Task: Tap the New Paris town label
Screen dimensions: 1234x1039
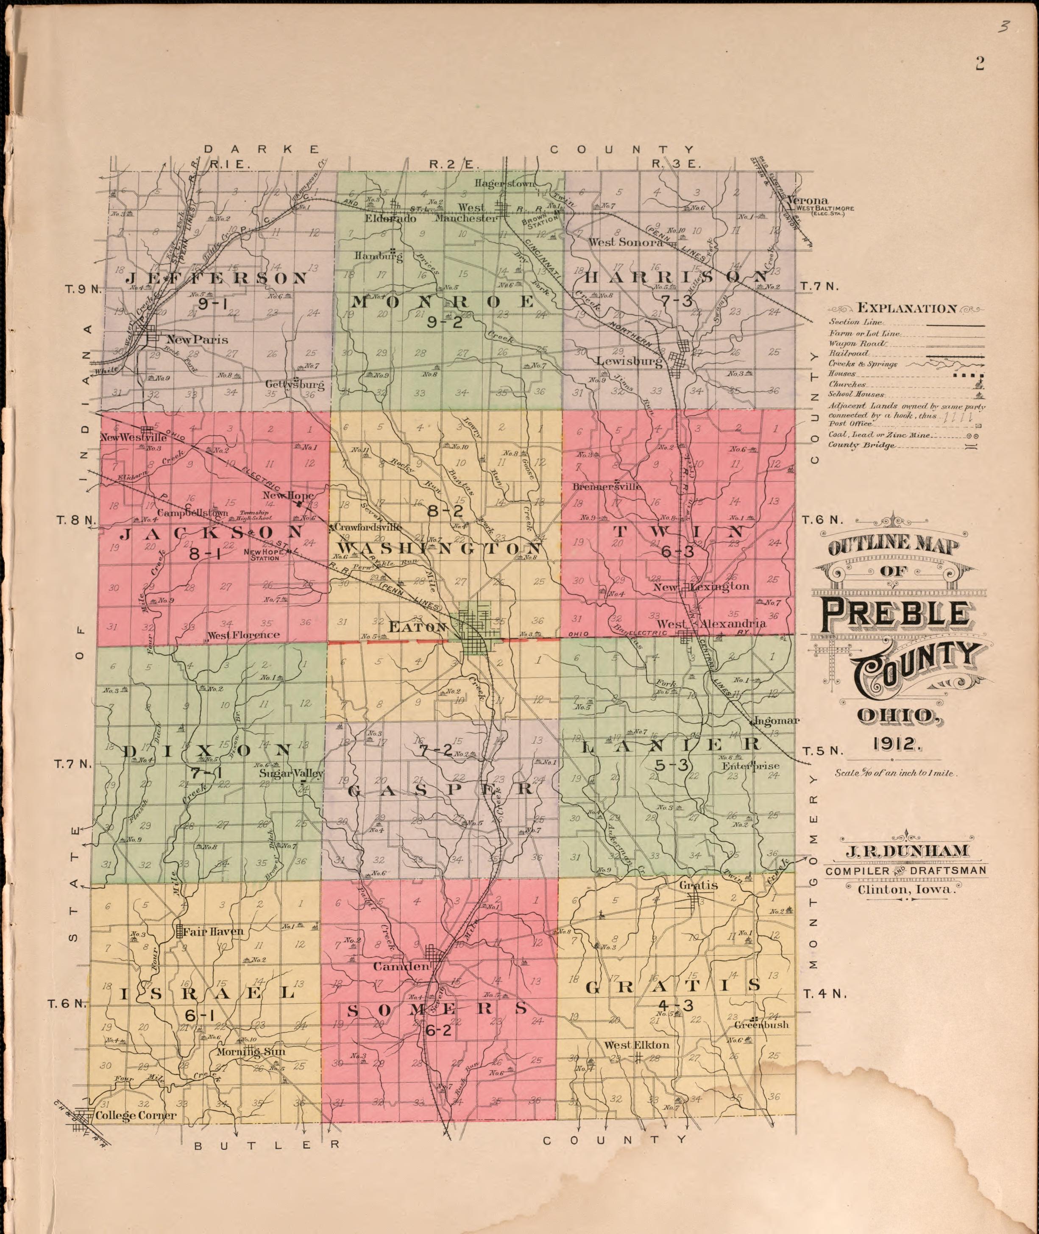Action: (197, 340)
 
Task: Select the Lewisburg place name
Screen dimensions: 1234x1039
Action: (629, 361)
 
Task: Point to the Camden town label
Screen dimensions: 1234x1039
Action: (402, 966)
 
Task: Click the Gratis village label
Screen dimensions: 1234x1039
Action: (698, 885)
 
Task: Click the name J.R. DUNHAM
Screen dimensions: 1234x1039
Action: (906, 851)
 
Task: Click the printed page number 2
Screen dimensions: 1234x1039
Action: (980, 64)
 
